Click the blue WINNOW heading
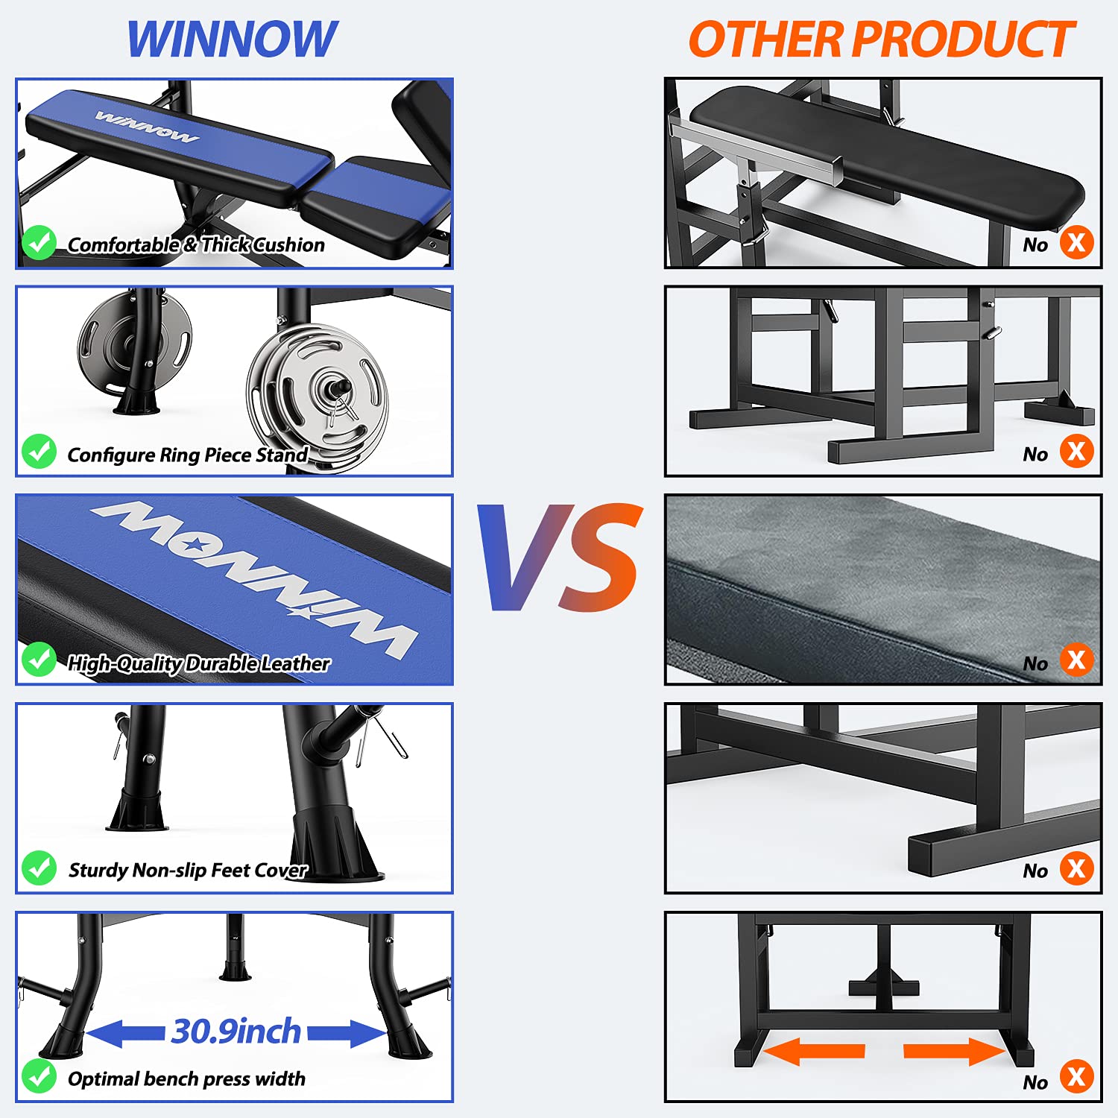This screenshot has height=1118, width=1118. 232,39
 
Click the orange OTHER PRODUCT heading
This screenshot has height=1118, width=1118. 881,39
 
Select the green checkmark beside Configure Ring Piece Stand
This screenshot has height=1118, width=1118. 39,452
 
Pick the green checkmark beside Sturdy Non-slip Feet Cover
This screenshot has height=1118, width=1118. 39,868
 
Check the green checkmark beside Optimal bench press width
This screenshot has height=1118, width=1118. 39,1076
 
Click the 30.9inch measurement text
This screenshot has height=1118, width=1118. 236,1032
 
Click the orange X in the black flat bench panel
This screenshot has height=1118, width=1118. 1076,242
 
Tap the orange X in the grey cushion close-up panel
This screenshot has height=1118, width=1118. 1076,660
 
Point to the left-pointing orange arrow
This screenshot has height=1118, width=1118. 814,1051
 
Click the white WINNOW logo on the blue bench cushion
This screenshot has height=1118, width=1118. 147,127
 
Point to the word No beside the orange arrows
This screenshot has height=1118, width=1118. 1035,1082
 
